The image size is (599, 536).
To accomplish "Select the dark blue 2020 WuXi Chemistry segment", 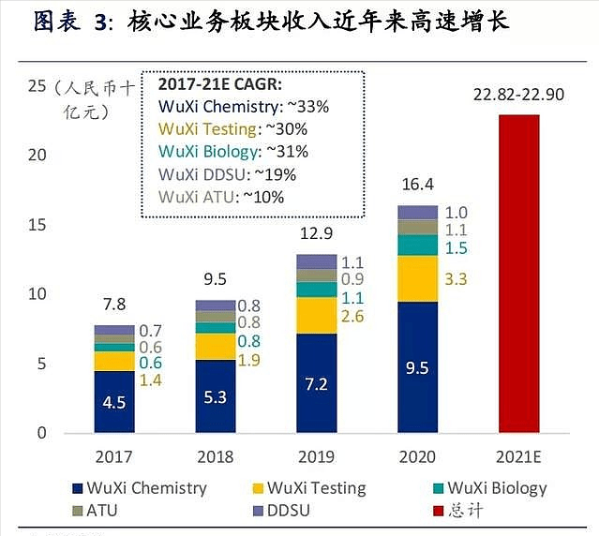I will point(417,367).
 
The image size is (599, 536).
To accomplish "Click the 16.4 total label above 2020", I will point(417,186).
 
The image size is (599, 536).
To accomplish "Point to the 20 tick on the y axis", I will point(37,155).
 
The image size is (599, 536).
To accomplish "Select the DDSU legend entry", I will point(286,512).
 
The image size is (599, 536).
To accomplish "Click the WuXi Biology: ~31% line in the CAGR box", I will point(233,151).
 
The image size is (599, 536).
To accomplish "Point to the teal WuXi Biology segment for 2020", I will point(417,245).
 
